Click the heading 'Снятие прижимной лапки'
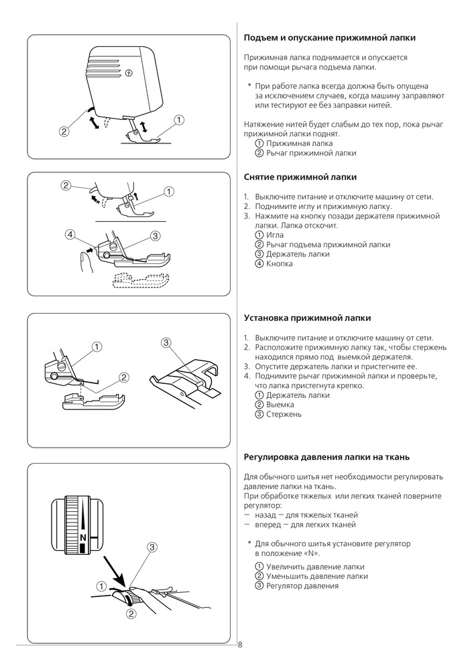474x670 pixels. pyautogui.click(x=300, y=177)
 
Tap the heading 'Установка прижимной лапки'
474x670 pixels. pyautogui.click(x=307, y=318)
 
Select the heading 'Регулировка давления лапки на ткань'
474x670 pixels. pyautogui.click(x=327, y=457)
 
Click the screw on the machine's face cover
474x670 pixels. pyautogui.click(x=129, y=74)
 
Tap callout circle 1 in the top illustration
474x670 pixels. pyautogui.click(x=179, y=120)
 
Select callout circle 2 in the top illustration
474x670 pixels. pyautogui.click(x=64, y=131)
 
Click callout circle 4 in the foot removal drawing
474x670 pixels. pyautogui.click(x=70, y=234)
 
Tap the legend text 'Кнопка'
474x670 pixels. pyautogui.click(x=280, y=263)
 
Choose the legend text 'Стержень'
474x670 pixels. pyautogui.click(x=284, y=414)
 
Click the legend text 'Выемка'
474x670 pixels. pyautogui.click(x=280, y=405)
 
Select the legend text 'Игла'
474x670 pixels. pyautogui.click(x=275, y=235)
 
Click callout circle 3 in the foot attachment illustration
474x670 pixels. pyautogui.click(x=167, y=342)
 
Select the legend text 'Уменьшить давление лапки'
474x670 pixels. pyautogui.click(x=317, y=576)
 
